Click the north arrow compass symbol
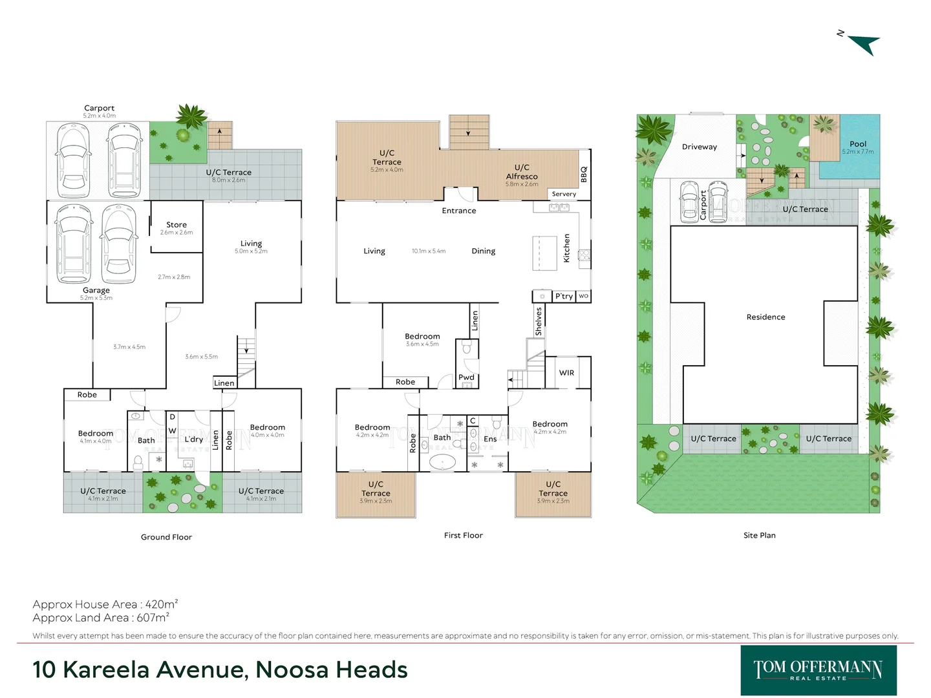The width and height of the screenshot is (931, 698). coord(862,43)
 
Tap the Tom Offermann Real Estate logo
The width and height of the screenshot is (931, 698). coord(818,670)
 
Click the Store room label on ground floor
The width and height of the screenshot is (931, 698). coord(177,225)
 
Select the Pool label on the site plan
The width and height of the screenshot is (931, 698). coord(858,144)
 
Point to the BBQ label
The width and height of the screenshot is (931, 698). coord(584,174)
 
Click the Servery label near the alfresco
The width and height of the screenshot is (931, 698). coord(564,194)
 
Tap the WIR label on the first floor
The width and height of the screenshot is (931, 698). coord(566,373)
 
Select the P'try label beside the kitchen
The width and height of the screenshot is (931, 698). coord(564,296)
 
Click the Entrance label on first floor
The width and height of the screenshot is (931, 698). coord(458,211)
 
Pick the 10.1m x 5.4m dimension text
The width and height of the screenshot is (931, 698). coord(429,251)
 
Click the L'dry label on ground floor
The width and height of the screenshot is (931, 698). coord(193,439)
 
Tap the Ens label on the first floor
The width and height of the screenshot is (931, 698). coord(490,439)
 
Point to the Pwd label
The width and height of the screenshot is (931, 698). coord(466,377)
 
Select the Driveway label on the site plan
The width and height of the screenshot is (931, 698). coord(700,147)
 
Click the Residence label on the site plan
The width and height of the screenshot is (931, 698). coord(765,317)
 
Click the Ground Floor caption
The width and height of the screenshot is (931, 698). coord(166,537)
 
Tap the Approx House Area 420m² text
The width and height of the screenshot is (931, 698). coord(105,604)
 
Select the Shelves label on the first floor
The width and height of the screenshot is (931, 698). coord(539,321)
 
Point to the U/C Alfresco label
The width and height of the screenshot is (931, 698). coord(522,172)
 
